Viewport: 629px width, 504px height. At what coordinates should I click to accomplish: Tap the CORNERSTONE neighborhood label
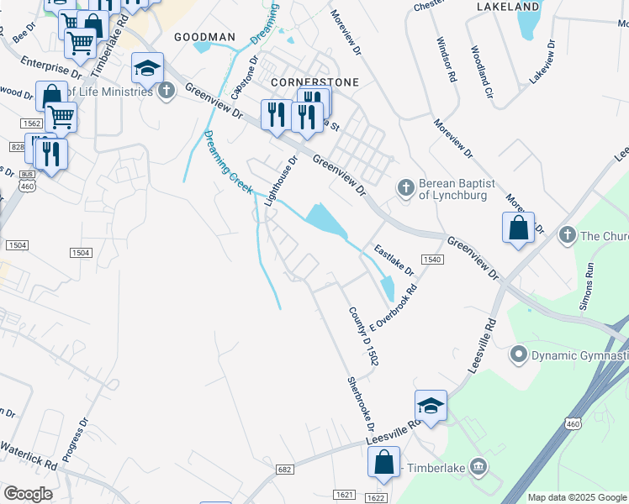[315, 82]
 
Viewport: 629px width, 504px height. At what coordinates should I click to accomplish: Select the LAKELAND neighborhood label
[507, 7]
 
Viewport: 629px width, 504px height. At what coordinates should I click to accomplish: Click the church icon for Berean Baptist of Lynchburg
[405, 187]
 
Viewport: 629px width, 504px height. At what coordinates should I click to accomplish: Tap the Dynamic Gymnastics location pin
[519, 355]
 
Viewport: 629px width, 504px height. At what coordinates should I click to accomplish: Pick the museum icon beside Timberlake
[478, 465]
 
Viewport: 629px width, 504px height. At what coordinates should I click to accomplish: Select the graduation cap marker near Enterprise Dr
[147, 68]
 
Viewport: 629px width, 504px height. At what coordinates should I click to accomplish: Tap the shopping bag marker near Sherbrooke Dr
[383, 462]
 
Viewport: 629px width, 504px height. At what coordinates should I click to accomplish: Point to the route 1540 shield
[432, 260]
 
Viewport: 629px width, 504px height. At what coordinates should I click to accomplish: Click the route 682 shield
[283, 470]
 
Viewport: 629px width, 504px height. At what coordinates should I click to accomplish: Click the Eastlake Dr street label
[394, 260]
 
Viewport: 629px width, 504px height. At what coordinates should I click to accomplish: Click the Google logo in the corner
[28, 494]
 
